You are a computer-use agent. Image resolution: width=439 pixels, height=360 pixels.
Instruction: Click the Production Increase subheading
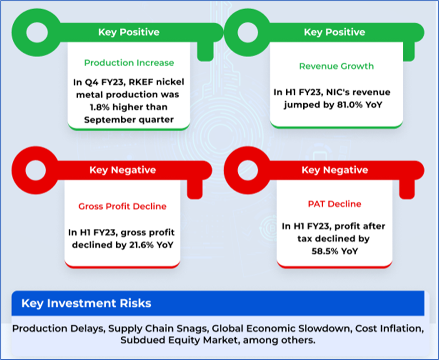click(129, 63)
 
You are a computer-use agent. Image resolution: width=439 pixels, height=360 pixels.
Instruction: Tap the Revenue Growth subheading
click(336, 66)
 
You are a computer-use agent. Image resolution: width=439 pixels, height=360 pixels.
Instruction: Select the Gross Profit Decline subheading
click(122, 206)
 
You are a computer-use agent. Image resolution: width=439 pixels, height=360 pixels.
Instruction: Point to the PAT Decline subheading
click(334, 204)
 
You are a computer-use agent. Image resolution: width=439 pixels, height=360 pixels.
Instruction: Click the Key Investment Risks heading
click(86, 303)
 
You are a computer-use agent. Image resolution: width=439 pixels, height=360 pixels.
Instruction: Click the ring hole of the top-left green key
click(36, 32)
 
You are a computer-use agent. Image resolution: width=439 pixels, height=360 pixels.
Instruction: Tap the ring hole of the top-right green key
click(247, 32)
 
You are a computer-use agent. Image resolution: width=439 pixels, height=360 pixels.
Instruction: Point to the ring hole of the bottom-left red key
click(35, 170)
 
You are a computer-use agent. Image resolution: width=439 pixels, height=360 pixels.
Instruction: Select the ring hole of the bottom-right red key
click(247, 170)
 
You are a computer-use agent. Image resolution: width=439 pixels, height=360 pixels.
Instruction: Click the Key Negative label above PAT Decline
click(334, 170)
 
